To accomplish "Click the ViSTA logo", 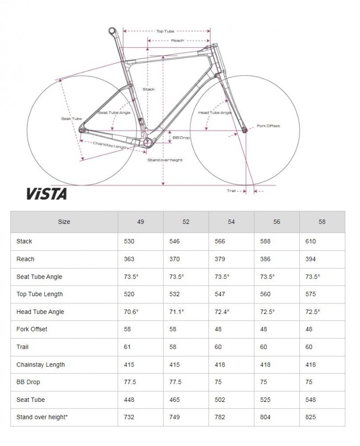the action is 47,194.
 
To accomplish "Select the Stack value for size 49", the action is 129,241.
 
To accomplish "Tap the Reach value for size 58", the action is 310,259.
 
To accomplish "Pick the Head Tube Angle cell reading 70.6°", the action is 131,312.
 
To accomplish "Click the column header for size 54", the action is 231,222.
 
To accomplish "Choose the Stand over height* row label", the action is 42,417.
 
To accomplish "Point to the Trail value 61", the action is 127,347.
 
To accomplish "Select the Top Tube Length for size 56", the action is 265,294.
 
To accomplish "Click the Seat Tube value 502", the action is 220,400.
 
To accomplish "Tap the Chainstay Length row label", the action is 41,365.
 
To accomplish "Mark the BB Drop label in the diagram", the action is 181,138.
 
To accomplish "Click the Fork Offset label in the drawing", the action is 268,126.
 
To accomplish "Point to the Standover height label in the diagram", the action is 165,160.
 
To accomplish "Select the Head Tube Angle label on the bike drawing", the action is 215,113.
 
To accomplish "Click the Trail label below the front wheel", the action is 231,190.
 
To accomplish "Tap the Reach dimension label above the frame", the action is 178,41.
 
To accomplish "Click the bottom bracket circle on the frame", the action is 148,142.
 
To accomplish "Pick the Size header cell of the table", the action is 64,222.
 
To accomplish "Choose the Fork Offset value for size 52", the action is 173,330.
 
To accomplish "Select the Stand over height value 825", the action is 310,417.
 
